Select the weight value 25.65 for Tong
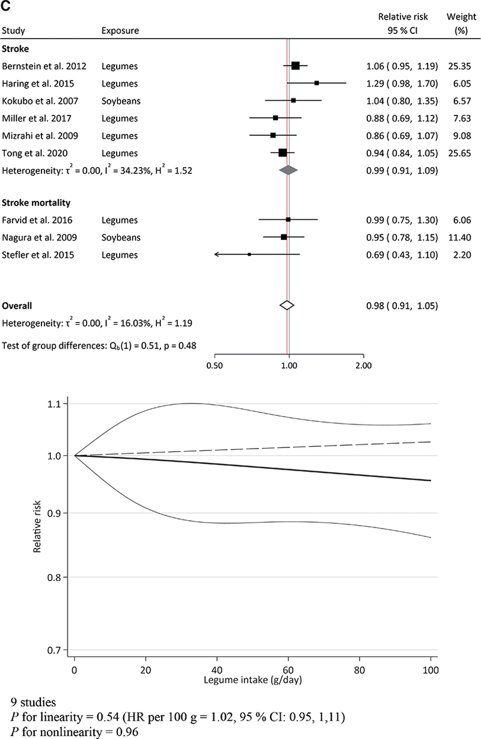459,153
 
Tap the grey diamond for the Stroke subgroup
289,170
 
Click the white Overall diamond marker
287,305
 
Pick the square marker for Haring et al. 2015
317,83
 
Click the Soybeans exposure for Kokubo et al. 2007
120,100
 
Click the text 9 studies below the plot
34,702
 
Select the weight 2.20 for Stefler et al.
459,255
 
